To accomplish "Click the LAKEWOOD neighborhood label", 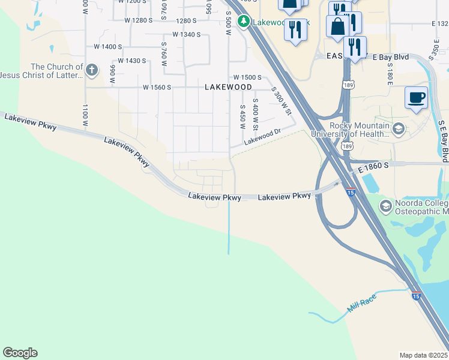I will [x=228, y=87].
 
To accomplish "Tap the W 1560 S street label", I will [x=157, y=87].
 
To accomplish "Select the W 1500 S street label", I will [x=247, y=77].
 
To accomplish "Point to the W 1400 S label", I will [x=108, y=46].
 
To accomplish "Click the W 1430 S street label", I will [x=132, y=61].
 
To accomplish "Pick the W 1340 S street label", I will [x=186, y=34].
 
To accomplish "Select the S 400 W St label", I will [x=255, y=115].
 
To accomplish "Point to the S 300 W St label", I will [x=281, y=101].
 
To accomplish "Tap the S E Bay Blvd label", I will [x=443, y=141].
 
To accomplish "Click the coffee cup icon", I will [x=416, y=97].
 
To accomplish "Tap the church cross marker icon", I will [x=92, y=70].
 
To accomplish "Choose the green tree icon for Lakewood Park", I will [x=244, y=22].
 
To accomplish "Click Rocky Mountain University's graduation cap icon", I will [x=398, y=128].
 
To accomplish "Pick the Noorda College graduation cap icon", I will [x=386, y=206].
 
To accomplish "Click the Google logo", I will [x=20, y=353].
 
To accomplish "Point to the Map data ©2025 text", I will [x=423, y=355].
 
